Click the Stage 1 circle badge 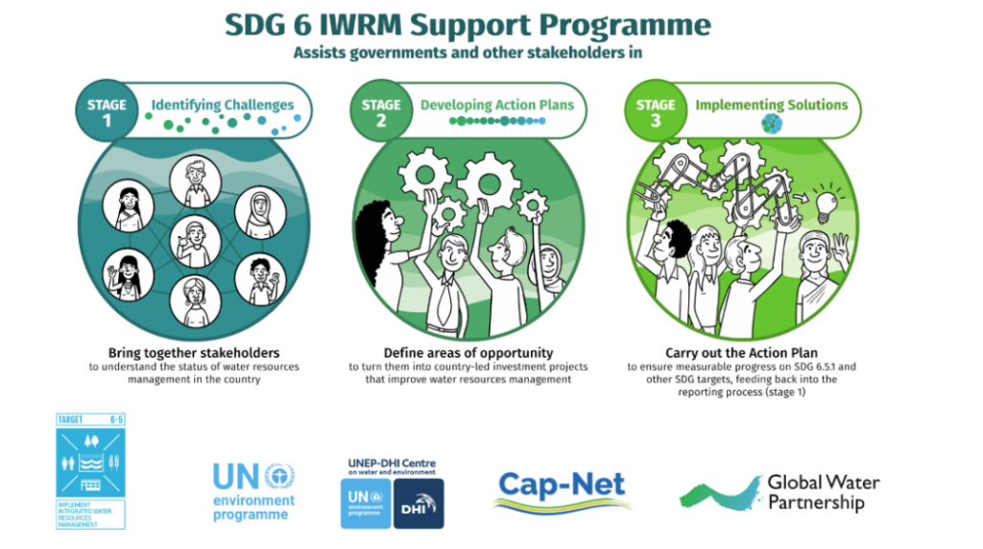108,111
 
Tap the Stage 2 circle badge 381,112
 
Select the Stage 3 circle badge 656,112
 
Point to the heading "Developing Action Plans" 496,104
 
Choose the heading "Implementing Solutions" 771,104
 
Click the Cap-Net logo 563,490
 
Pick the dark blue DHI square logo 419,503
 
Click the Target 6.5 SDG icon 90,471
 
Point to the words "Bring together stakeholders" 194,352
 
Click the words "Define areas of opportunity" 468,352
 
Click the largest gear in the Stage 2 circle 489,180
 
